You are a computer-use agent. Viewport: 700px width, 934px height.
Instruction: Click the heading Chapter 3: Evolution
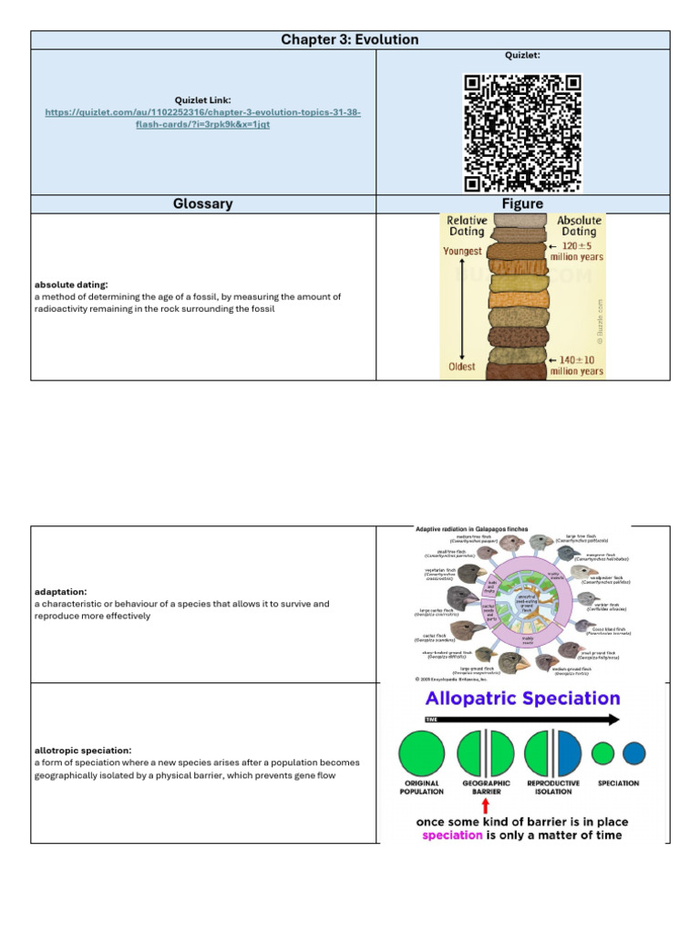coord(350,39)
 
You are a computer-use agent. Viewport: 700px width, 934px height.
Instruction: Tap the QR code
coord(522,132)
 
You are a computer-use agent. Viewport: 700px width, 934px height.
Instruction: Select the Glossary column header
coord(203,203)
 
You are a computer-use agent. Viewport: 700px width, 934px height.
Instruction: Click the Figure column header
coord(522,203)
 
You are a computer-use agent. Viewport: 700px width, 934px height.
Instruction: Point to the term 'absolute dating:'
coord(70,285)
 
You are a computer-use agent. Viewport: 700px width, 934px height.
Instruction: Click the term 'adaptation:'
coord(62,591)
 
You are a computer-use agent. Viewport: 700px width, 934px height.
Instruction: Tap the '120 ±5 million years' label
coord(576,251)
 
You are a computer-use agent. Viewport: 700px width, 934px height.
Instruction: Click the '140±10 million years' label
coord(576,366)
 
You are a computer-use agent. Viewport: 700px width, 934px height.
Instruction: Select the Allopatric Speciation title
coord(522,700)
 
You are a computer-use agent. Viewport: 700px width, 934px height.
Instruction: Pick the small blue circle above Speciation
coord(633,753)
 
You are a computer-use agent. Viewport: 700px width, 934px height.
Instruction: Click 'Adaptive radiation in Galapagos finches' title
coord(467,529)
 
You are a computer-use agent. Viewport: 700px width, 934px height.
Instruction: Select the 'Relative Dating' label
coord(466,226)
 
